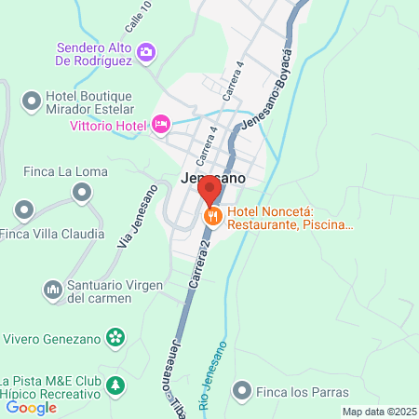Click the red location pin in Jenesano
click(209, 190)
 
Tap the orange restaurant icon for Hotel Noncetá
click(212, 217)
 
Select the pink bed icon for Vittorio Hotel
click(161, 124)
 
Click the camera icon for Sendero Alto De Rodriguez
click(145, 52)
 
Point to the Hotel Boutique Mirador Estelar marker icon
click(32, 99)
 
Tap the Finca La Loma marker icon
click(83, 193)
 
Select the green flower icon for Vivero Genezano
click(115, 336)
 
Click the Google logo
click(31, 407)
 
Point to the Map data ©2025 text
click(379, 412)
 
